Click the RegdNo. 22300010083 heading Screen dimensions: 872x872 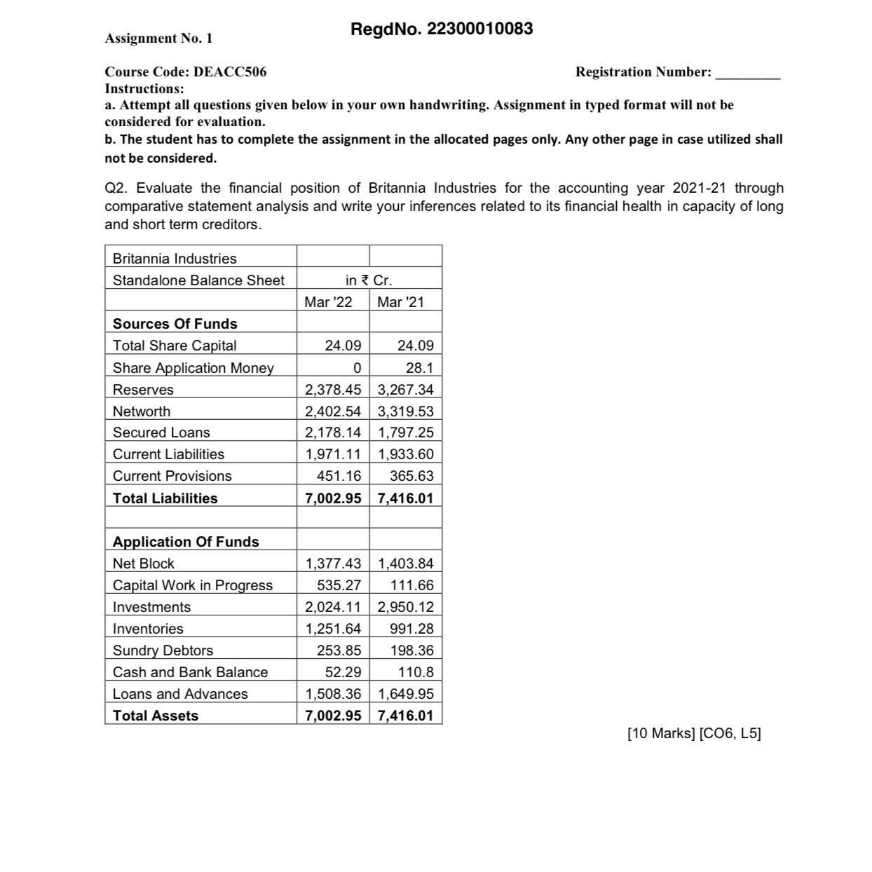[x=442, y=29]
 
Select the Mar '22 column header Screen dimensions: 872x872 [x=328, y=302]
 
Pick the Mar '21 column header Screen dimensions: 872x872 [x=400, y=302]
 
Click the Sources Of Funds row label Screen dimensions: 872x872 [x=175, y=324]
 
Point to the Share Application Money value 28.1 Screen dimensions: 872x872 [x=419, y=368]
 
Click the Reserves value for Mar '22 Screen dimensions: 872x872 [x=332, y=390]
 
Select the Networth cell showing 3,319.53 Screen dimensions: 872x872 [x=405, y=411]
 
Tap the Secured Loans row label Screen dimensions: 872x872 [x=161, y=432]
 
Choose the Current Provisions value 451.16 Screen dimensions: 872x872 [x=339, y=476]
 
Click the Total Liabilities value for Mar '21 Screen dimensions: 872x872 [x=405, y=498]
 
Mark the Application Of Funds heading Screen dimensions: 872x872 [x=186, y=542]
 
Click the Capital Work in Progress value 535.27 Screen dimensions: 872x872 [x=339, y=585]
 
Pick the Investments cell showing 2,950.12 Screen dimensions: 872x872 [x=405, y=607]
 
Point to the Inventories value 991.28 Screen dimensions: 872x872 [x=411, y=629]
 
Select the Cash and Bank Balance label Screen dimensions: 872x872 [x=190, y=672]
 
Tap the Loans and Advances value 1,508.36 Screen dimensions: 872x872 [x=332, y=694]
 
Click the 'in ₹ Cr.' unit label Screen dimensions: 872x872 [x=369, y=280]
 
